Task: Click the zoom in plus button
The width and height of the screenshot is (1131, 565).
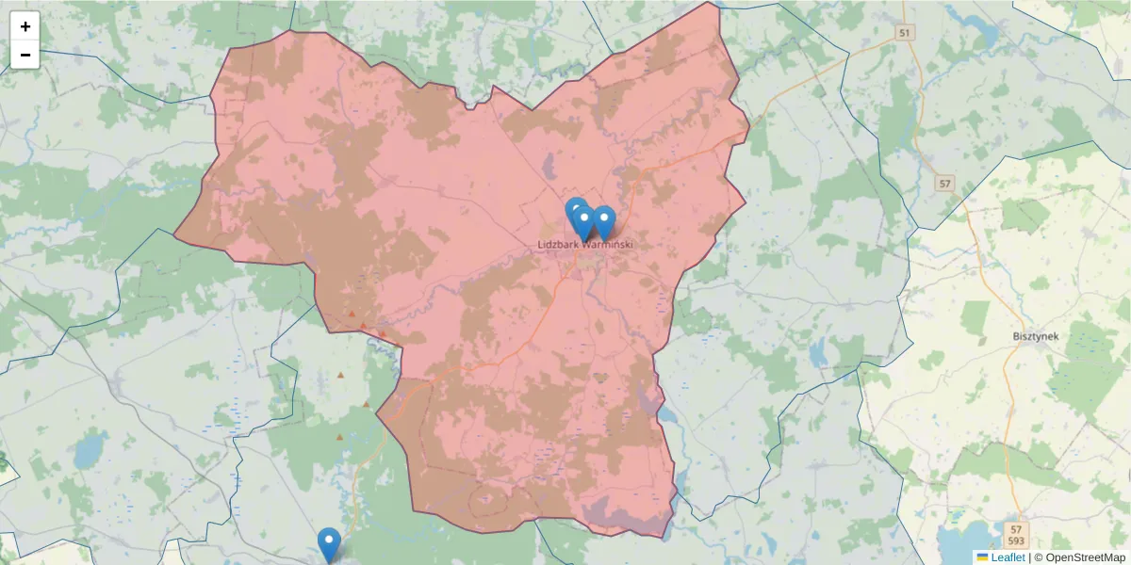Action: [25, 26]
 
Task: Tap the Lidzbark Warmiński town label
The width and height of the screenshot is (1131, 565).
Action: [585, 245]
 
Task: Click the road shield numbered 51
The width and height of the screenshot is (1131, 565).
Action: [905, 33]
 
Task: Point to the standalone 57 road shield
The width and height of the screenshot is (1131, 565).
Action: [945, 183]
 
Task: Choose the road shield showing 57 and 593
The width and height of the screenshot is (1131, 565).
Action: [1014, 535]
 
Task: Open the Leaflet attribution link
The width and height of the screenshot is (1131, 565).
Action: [1008, 557]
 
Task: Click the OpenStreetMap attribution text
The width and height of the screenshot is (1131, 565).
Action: [1079, 557]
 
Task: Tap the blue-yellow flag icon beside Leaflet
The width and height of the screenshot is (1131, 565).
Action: [982, 557]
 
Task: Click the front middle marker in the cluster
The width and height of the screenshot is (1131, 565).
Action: [583, 223]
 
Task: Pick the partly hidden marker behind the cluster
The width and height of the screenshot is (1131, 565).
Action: [574, 211]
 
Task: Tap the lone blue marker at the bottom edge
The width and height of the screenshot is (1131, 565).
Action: [328, 542]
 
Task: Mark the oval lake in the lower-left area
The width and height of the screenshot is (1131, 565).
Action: [86, 452]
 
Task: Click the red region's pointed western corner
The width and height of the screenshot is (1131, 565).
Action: [176, 233]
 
